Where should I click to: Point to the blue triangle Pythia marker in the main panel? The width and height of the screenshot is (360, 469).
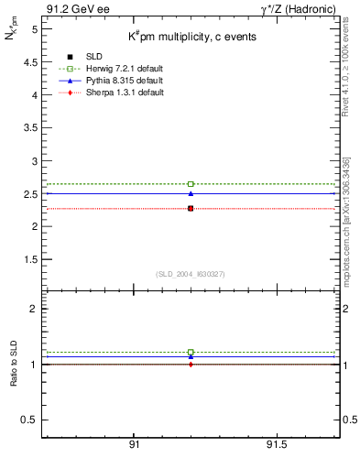(191, 193)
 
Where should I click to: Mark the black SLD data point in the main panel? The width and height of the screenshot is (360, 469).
(191, 209)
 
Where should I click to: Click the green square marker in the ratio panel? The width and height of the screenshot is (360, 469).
(191, 352)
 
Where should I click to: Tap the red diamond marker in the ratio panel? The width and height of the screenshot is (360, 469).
(191, 365)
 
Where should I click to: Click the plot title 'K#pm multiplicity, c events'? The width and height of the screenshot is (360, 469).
(191, 36)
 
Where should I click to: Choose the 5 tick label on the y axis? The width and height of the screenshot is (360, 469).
(34, 29)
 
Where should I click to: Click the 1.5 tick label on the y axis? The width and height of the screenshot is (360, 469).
(31, 259)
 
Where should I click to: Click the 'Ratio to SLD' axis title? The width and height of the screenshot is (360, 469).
(14, 364)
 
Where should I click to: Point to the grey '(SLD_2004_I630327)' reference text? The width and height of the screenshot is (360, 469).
(191, 274)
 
